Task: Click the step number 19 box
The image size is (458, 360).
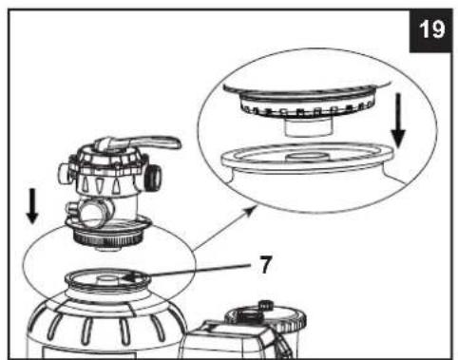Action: tap(430, 30)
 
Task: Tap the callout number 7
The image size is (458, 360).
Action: tap(265, 265)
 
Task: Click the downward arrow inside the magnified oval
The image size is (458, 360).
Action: tap(398, 121)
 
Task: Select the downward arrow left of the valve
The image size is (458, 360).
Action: tap(32, 206)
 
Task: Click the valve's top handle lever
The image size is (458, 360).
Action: tap(140, 143)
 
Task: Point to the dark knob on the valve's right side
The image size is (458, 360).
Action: tap(153, 177)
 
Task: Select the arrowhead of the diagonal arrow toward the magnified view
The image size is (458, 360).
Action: tap(251, 211)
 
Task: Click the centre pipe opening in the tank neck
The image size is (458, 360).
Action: tap(107, 279)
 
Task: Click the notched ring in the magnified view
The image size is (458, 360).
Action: tap(307, 106)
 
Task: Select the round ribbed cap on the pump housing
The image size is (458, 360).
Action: tap(265, 320)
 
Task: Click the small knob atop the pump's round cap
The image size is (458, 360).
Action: tap(266, 306)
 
